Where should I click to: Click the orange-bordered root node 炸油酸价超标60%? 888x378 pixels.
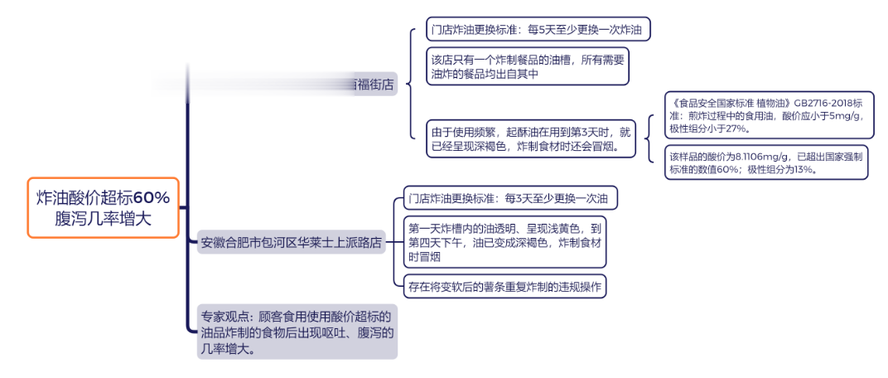103,207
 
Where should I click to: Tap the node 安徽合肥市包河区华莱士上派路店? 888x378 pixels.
291,243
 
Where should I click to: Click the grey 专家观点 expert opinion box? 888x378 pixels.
296,332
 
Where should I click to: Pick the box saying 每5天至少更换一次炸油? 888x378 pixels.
537,30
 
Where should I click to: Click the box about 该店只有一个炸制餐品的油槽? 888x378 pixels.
527,66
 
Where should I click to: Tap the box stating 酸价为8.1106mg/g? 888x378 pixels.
765,162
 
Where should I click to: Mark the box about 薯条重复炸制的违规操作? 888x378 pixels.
504,287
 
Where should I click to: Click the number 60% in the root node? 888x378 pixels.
152,197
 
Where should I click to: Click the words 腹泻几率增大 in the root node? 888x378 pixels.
103,218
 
